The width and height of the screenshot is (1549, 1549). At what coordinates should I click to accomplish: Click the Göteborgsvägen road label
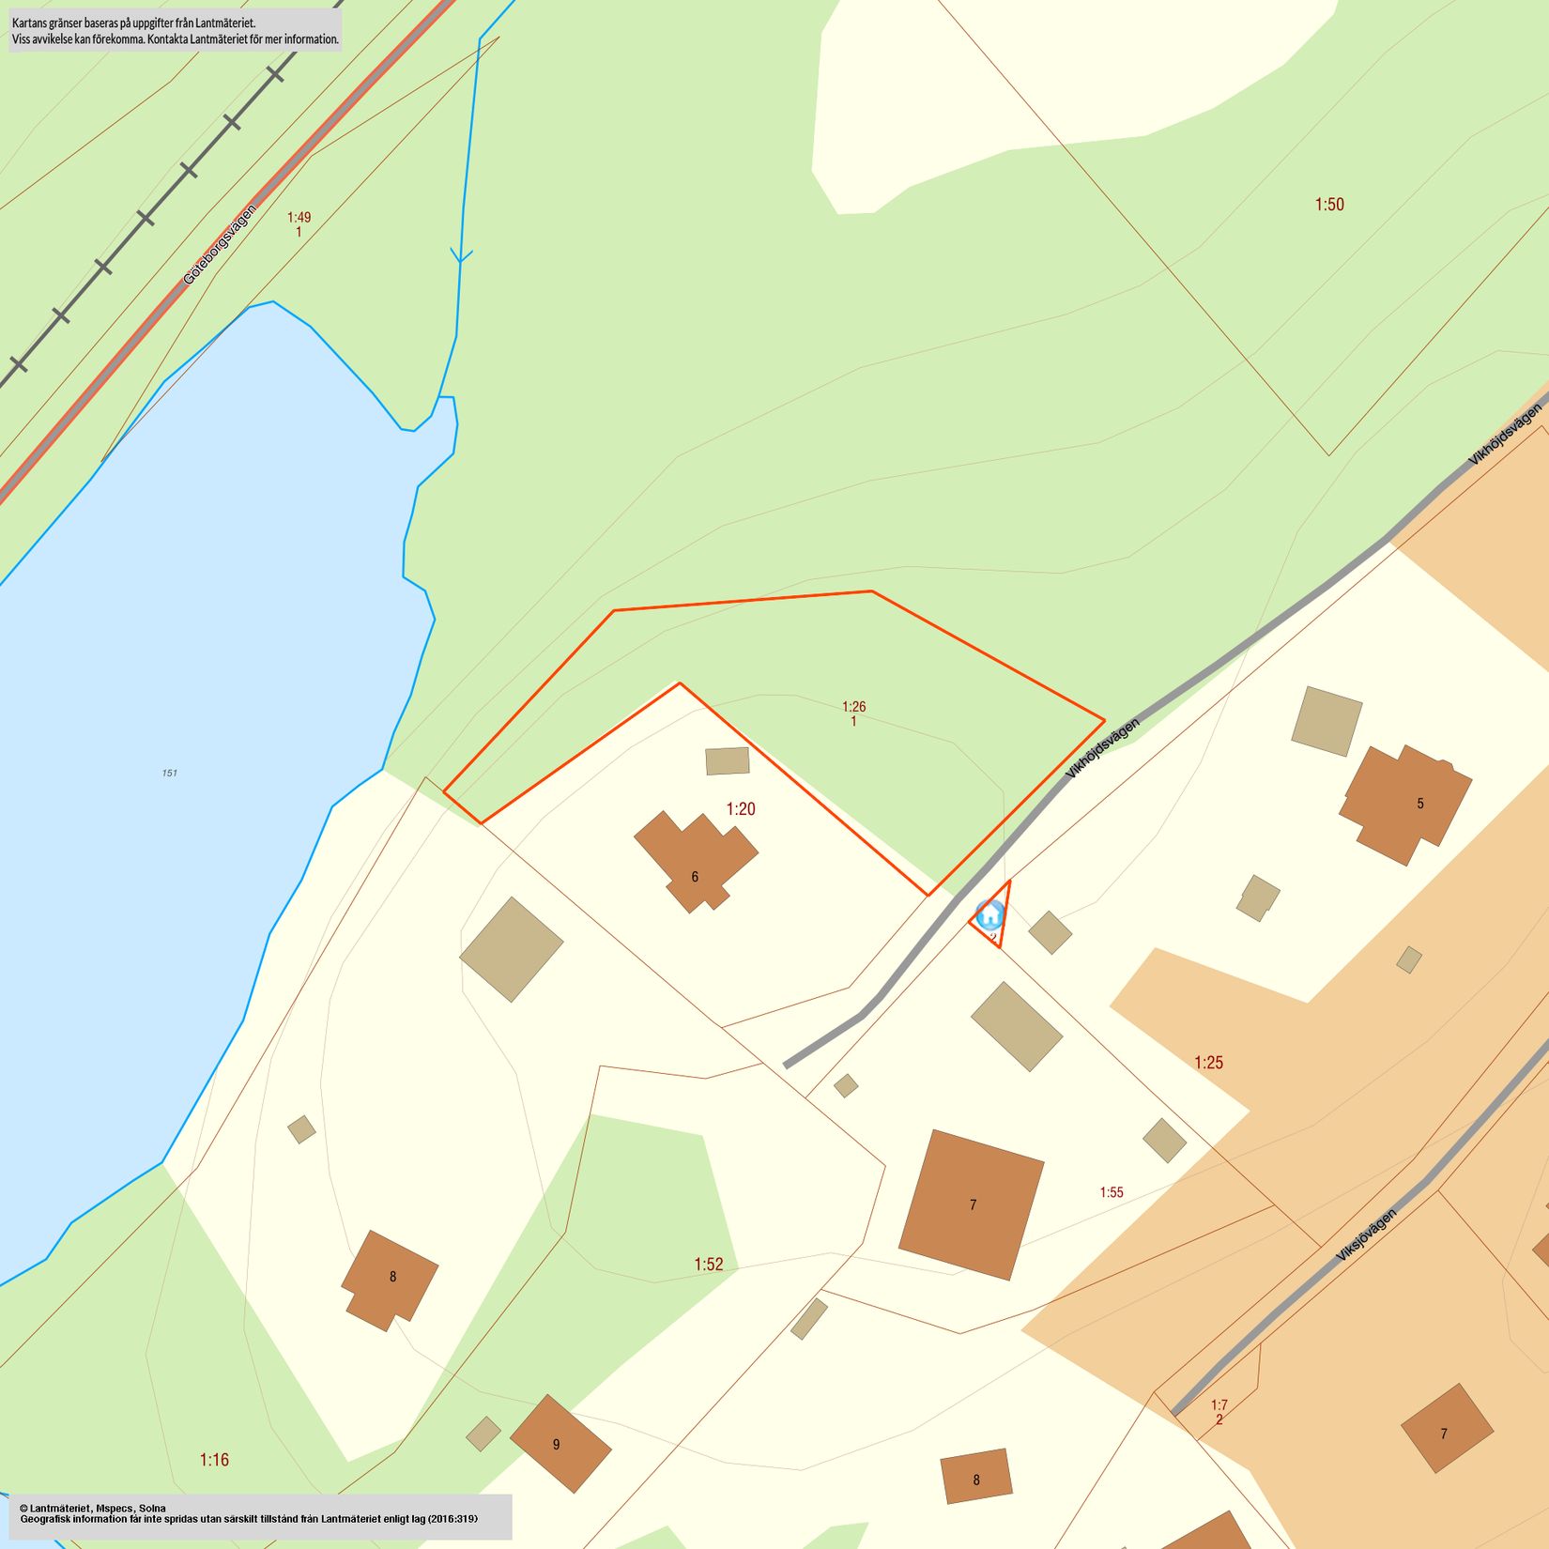click(219, 245)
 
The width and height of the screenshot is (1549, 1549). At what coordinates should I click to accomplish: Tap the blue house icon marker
click(989, 913)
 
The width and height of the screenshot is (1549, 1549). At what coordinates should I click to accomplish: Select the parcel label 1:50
click(1328, 205)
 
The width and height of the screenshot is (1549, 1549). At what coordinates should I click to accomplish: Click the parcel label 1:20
click(741, 808)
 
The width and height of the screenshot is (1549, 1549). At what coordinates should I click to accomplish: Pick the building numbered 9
click(560, 1443)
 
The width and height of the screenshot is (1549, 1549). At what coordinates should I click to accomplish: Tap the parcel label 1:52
click(709, 1265)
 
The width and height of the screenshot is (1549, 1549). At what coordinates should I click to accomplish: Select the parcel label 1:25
click(1208, 1063)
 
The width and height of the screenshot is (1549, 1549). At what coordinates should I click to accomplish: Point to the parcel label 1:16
click(214, 1460)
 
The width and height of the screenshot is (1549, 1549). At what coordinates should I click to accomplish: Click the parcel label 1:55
click(1112, 1192)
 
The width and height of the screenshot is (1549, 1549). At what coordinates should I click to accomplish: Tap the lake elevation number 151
click(169, 774)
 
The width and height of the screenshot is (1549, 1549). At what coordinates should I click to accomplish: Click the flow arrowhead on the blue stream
click(461, 255)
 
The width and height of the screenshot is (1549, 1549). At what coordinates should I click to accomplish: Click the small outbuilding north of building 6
click(728, 760)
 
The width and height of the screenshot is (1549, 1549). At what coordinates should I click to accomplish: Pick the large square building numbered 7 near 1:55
click(972, 1204)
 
